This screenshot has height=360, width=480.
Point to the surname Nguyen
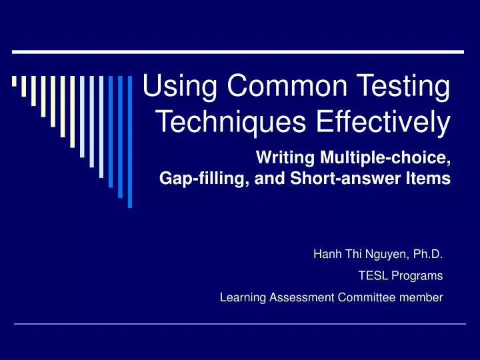tap(377, 253)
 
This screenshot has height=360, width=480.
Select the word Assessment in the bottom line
tap(300, 298)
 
